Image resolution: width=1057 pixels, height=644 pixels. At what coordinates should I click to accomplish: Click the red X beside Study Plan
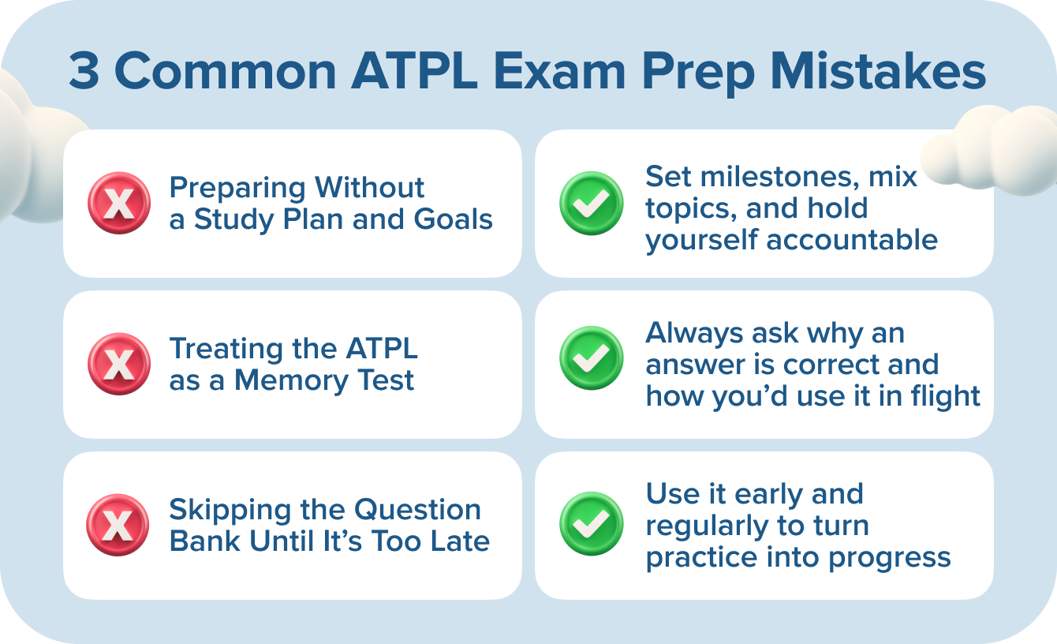(x=119, y=203)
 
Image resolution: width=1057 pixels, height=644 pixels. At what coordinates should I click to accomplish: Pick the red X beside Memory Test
(x=119, y=364)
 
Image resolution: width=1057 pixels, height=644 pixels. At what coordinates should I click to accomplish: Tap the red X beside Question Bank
(x=119, y=525)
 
